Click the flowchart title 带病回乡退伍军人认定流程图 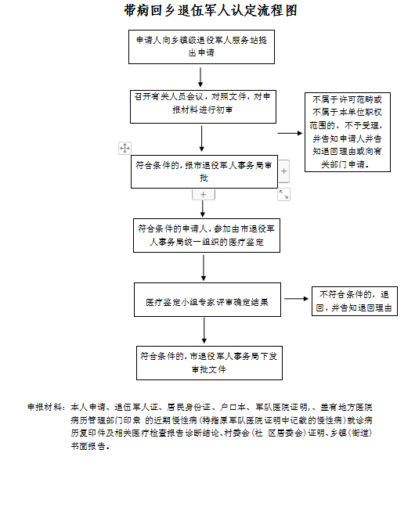pos(211,10)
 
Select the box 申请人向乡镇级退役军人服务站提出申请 pos(201,47)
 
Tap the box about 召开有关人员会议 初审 pos(203,106)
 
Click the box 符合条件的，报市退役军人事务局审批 pos(204,171)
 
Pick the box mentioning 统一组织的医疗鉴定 pos(207,236)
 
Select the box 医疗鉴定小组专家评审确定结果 pos(207,300)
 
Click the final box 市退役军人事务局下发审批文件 pos(209,363)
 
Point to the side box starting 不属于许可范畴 pos(348,132)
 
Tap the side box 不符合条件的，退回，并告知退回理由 pos(355,301)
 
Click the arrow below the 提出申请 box pos(200,77)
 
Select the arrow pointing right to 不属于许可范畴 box pos(290,133)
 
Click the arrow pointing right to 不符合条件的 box pos(296,299)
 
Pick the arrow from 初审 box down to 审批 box pos(202,138)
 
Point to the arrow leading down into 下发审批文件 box pos(204,330)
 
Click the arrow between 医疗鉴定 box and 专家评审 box pos(204,268)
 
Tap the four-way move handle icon pos(125,148)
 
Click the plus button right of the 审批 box pos(284,171)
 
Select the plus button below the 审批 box pos(204,195)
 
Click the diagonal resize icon pos(284,194)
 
